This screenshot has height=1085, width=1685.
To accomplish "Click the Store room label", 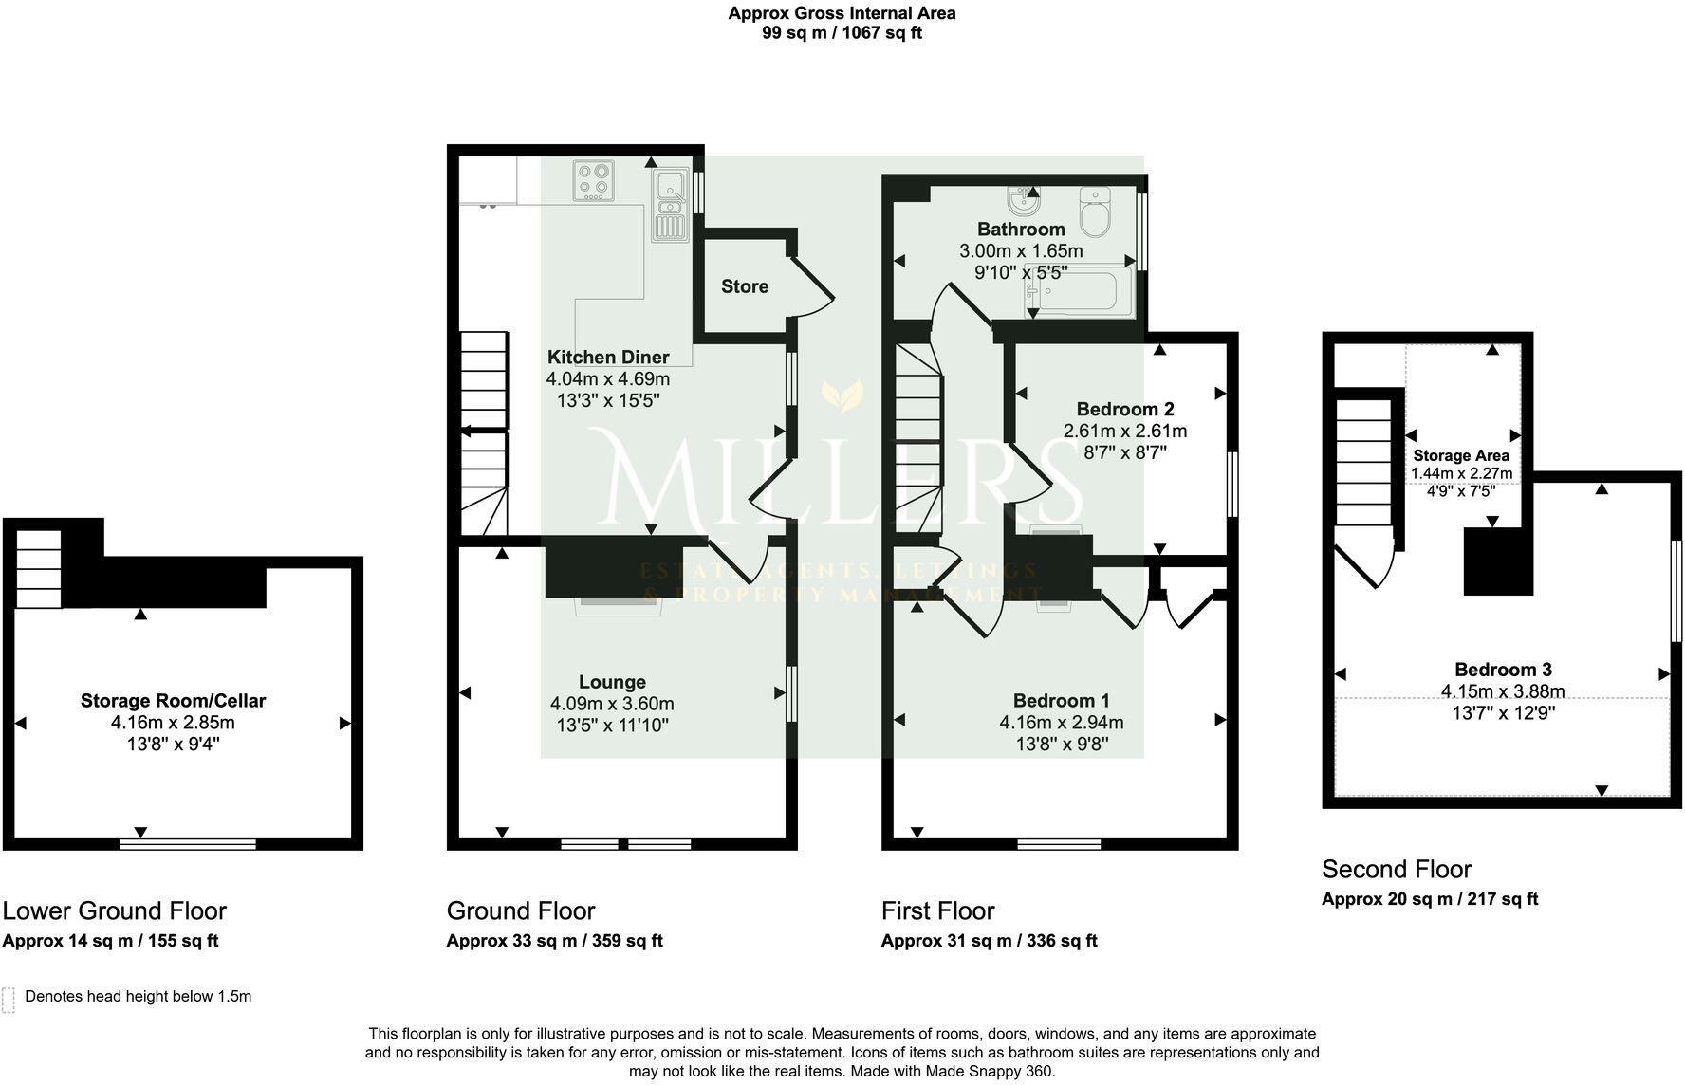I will click(x=744, y=286).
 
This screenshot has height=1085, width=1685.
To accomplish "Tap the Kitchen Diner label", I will click(x=608, y=358).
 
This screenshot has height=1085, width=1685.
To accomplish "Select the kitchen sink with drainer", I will click(x=670, y=205).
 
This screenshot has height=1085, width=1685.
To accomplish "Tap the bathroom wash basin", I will click(x=1023, y=201).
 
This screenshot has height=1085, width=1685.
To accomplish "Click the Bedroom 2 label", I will click(x=1124, y=410).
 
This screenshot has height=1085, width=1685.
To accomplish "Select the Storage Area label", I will click(x=1460, y=455).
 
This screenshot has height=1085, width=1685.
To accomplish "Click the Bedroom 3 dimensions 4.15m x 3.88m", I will click(x=1502, y=691).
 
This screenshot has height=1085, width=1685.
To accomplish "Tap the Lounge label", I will click(x=612, y=682).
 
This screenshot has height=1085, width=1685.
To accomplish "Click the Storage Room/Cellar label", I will click(x=173, y=701).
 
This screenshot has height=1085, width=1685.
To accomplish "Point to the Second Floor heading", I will click(x=1396, y=869).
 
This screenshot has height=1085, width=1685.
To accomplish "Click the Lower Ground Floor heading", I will click(x=114, y=910).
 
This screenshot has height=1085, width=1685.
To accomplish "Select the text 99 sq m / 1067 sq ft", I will click(x=842, y=33).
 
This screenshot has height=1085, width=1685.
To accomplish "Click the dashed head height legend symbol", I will click(x=9, y=1000).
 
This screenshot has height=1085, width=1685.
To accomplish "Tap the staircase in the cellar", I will click(x=39, y=569).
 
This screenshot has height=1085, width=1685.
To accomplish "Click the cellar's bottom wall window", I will click(x=188, y=843).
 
